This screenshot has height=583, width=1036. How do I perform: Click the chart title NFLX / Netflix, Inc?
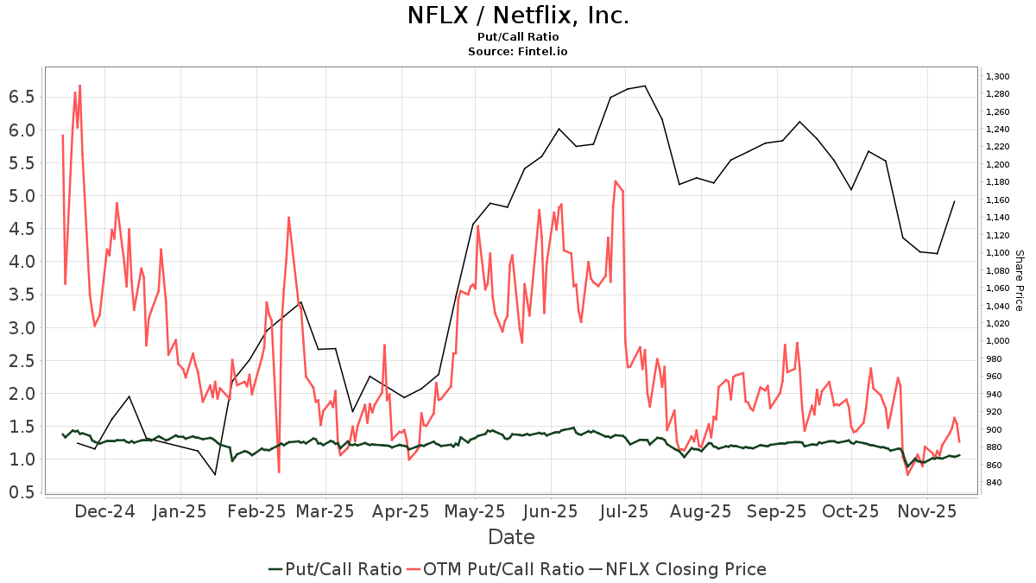tap(517, 16)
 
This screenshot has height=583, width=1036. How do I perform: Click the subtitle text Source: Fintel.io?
tap(517, 52)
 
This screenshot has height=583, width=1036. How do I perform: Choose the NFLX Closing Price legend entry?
tap(678, 569)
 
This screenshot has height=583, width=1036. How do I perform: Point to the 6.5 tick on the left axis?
tap(22, 97)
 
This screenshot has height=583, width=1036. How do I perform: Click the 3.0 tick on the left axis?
tap(22, 327)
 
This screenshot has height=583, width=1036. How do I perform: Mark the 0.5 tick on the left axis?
tap(22, 491)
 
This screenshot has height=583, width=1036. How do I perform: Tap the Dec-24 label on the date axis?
tap(104, 510)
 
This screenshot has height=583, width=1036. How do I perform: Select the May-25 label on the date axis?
tap(476, 510)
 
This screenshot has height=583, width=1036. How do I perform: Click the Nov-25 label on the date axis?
tap(926, 510)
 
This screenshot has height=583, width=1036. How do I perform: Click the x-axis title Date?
tap(511, 537)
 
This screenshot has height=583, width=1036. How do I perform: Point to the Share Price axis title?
tap(1019, 280)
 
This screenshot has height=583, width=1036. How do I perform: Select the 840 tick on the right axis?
tap(995, 482)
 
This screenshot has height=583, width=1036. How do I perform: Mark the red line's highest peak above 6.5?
tap(79, 86)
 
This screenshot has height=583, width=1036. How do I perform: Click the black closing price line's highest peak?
tap(645, 86)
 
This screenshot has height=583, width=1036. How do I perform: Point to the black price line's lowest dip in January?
tap(215, 474)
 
